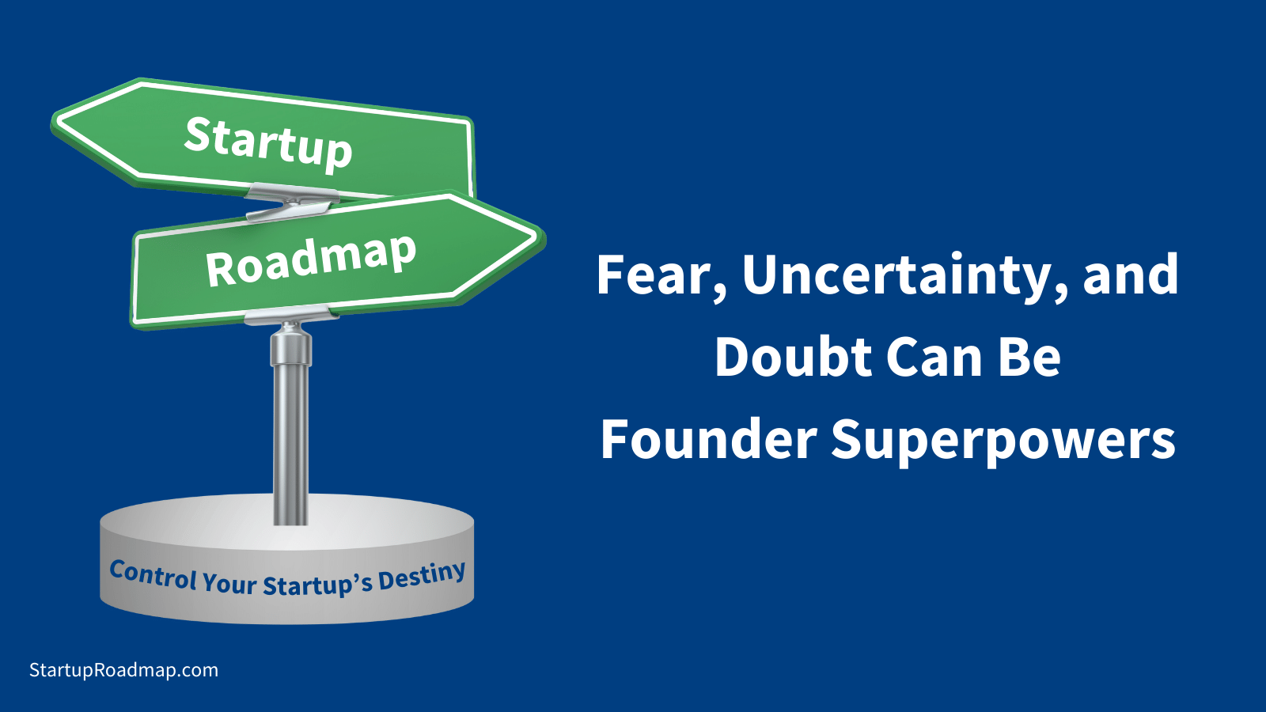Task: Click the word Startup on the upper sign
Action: [267, 142]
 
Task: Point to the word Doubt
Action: [793, 358]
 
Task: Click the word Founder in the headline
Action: [708, 440]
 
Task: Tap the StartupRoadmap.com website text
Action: [123, 670]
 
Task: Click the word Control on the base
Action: [153, 575]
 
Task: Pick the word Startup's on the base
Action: [317, 585]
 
